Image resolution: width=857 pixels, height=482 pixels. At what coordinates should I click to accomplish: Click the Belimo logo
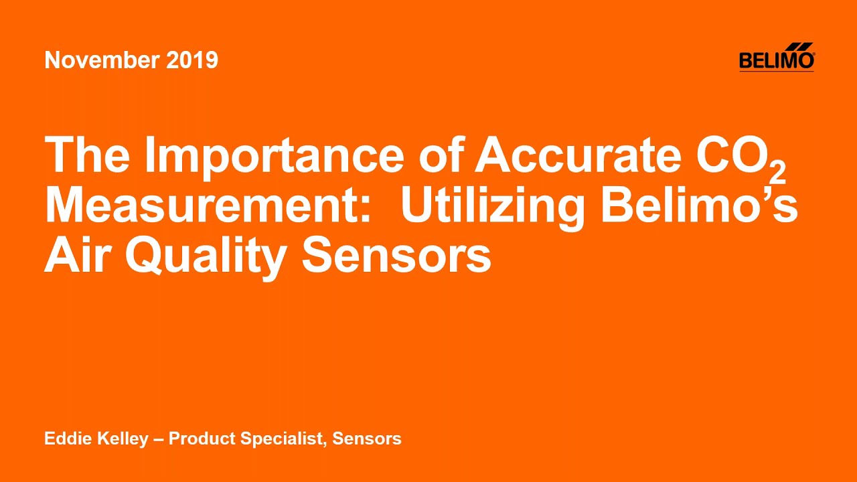(777, 58)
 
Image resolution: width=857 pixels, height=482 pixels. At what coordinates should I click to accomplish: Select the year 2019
(191, 60)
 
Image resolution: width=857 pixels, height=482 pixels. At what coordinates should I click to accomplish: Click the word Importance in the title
(274, 156)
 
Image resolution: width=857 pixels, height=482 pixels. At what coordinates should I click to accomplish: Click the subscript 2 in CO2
(777, 173)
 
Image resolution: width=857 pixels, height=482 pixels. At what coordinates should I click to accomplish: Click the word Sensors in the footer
(367, 439)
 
